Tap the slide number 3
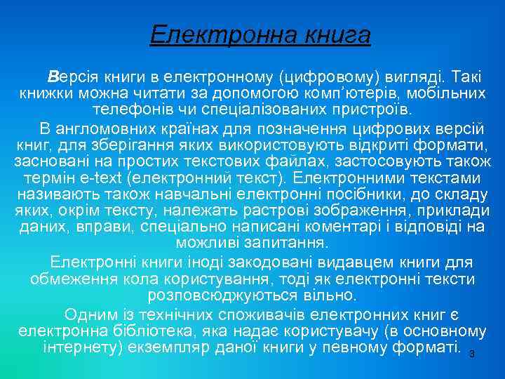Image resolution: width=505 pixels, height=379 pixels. click(x=472, y=354)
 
